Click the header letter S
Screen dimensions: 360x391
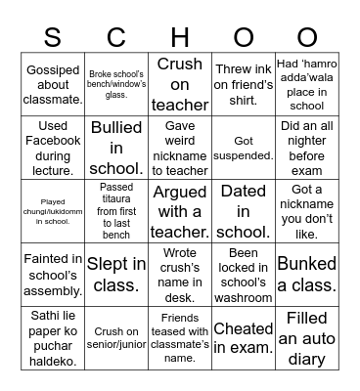pyautogui.click(x=53, y=37)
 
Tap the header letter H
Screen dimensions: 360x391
pyautogui.click(x=180, y=37)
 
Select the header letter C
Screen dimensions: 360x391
pyautogui.click(x=116, y=37)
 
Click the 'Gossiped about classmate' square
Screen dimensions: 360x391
pyautogui.click(x=53, y=83)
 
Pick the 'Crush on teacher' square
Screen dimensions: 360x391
pyautogui.click(x=180, y=83)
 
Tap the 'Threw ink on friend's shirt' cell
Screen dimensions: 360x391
pyautogui.click(x=244, y=83)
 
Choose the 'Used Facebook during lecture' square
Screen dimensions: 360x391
pyautogui.click(x=53, y=147)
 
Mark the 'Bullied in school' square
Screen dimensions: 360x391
pyautogui.click(x=116, y=147)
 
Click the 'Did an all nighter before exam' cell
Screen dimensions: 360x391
pyautogui.click(x=307, y=147)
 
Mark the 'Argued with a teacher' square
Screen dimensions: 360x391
pyautogui.click(x=180, y=210)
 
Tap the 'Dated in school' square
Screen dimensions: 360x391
pyautogui.click(x=244, y=210)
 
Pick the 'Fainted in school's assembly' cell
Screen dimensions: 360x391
pyautogui.click(x=53, y=274)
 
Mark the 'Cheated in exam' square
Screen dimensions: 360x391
pyautogui.click(x=244, y=337)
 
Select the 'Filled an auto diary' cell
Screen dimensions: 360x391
pyautogui.click(x=307, y=337)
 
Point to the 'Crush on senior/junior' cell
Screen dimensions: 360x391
pyautogui.click(x=116, y=337)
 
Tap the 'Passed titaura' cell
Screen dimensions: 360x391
pyautogui.click(x=116, y=210)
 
